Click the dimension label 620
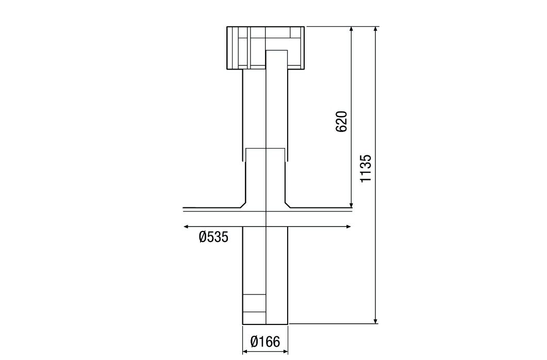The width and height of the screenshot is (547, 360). pos(342,121)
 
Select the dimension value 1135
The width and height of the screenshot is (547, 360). pos(366,168)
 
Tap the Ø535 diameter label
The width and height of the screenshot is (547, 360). pos(213,238)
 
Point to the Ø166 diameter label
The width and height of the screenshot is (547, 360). pos(265,341)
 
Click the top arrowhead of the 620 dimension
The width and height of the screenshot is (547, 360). pos(351,30)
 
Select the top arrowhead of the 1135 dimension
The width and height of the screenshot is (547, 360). pos(376,30)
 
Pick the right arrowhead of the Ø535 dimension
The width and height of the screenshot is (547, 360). pos(349,226)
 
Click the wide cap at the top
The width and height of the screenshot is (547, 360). pos(265,47)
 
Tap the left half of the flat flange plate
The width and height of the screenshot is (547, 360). pos(211,209)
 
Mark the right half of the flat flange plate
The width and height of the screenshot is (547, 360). pos(320,209)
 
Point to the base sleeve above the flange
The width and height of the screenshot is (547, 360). pos(265,175)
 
